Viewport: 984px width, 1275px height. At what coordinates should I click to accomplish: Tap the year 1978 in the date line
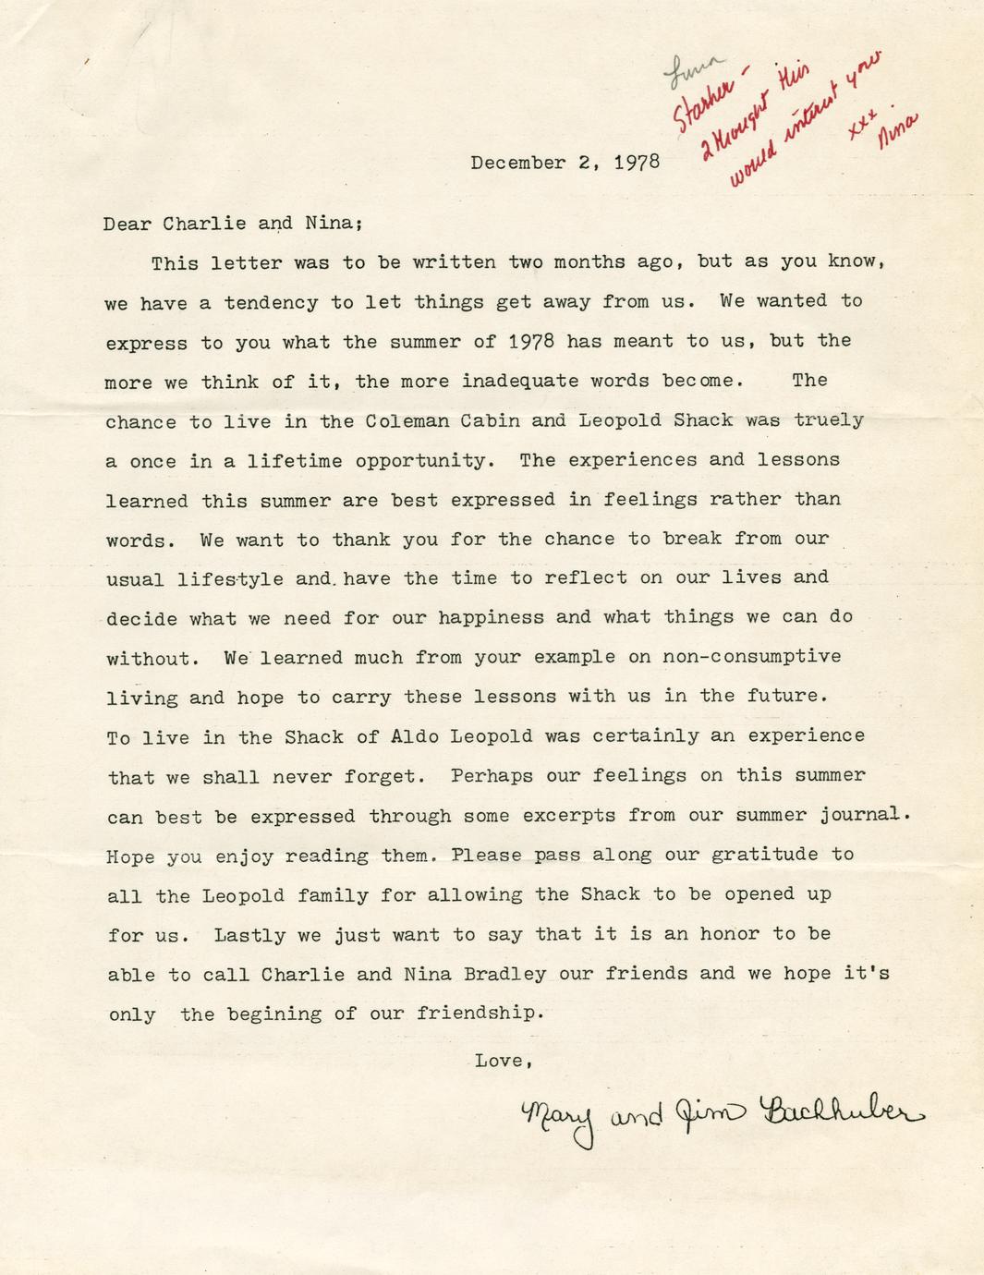coord(638,164)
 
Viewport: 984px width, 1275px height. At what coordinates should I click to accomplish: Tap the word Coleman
coord(407,420)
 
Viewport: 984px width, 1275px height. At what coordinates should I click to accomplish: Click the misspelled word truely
coord(829,420)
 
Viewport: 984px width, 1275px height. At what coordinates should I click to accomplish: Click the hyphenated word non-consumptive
coord(751,657)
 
